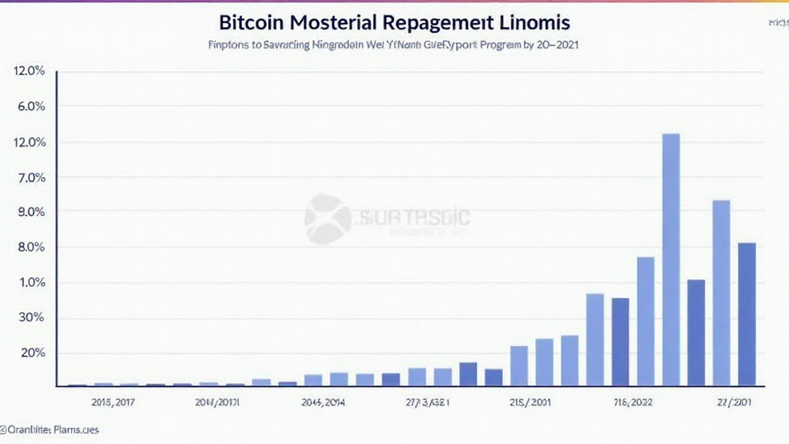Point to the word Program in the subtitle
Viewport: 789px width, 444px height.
click(499, 45)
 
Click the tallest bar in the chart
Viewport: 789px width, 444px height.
click(671, 259)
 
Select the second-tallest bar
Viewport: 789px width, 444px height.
click(721, 292)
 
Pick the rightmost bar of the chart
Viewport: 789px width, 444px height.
click(747, 314)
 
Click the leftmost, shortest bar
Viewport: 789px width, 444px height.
click(77, 384)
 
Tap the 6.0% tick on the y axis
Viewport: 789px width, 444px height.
click(30, 106)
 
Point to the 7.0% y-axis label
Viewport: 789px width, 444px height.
click(30, 177)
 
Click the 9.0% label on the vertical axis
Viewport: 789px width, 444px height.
click(30, 212)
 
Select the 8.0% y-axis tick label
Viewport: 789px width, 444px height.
click(30, 247)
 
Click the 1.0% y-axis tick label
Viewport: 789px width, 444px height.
click(30, 282)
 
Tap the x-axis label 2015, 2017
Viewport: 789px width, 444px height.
click(112, 402)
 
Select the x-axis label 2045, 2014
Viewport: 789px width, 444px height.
click(323, 402)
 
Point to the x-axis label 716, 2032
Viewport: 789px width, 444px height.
click(631, 402)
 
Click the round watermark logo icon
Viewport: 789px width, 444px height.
click(327, 219)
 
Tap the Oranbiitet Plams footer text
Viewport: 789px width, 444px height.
click(50, 429)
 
